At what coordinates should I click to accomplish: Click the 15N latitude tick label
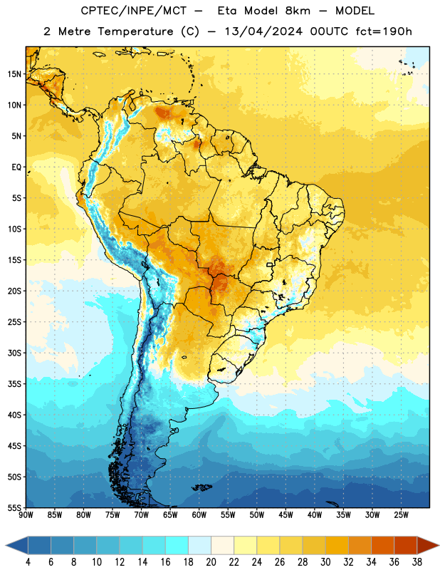coord(14,74)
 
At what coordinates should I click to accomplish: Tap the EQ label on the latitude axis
coord(16,167)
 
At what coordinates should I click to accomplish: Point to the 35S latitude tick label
coord(14,384)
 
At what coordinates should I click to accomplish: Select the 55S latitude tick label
coord(14,507)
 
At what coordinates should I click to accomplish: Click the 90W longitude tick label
coord(26,515)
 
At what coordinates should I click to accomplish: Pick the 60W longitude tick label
coord(199,515)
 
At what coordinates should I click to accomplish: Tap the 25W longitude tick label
coord(401,515)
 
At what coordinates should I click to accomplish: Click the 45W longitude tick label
coord(286,515)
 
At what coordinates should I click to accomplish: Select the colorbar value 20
coord(211,562)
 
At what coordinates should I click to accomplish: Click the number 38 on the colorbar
coord(417,562)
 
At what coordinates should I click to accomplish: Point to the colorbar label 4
coord(28,562)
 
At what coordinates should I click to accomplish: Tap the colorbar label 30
coord(325,562)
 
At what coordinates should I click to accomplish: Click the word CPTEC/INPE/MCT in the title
coord(133,11)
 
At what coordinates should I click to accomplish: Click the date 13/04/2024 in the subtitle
coord(263,31)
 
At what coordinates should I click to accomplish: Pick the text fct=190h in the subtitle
coord(384,31)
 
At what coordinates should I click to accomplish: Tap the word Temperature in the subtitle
coord(135,31)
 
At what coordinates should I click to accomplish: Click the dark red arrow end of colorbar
coord(428,545)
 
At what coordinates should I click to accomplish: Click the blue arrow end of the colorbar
coord(17,545)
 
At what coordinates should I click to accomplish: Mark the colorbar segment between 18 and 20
coord(199,545)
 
